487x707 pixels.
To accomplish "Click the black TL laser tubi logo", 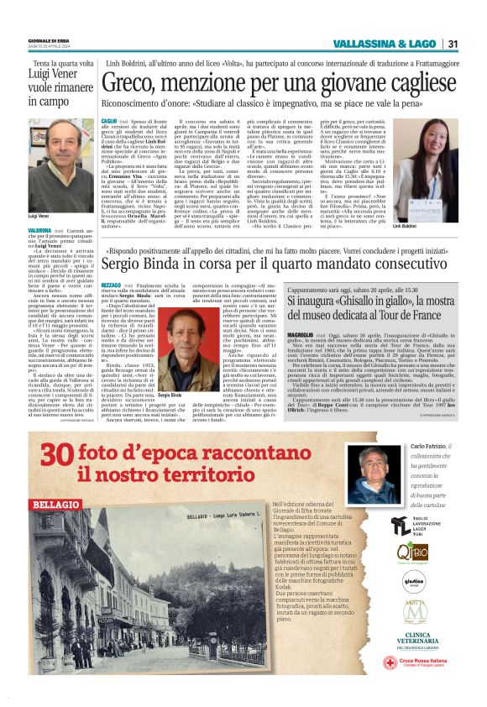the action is [x=401, y=527].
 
